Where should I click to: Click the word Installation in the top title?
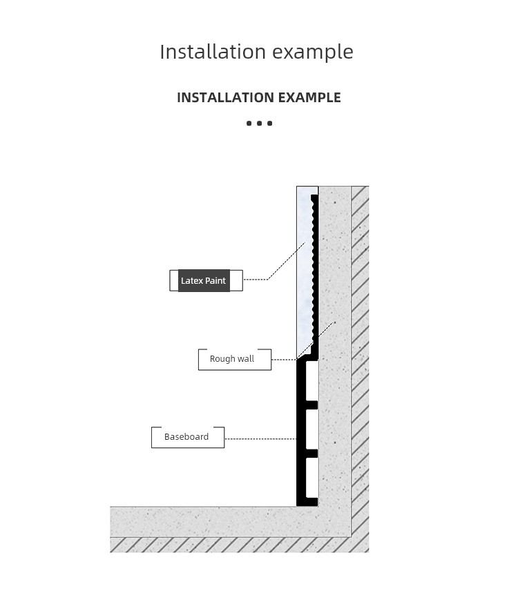click(x=213, y=52)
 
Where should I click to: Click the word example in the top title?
click(x=313, y=52)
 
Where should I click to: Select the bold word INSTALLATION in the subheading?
click(x=226, y=97)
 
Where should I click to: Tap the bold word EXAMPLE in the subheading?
click(x=309, y=97)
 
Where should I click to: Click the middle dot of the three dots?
click(x=259, y=124)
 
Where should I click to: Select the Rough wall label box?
click(x=235, y=359)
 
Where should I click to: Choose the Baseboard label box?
click(x=188, y=437)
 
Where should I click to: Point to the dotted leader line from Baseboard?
click(x=260, y=438)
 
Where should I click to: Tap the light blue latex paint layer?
click(x=305, y=271)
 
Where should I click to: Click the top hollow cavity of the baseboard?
click(x=311, y=380)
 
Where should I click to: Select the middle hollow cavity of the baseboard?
click(x=311, y=429)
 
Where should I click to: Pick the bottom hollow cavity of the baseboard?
click(x=311, y=478)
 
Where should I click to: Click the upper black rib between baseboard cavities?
click(x=311, y=405)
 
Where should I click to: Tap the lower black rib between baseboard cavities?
click(x=311, y=454)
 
